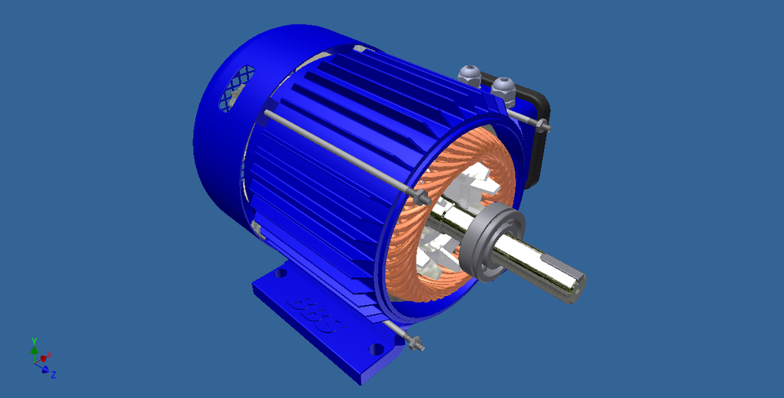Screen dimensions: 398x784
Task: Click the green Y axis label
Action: pos(33,340)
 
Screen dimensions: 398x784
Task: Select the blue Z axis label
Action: pos(53,374)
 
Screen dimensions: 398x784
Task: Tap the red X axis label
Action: pos(49,356)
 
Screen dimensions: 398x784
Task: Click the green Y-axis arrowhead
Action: pos(34,349)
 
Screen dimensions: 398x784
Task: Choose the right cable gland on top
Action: pos(503,87)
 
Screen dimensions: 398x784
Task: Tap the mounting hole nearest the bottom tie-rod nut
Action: pos(376,348)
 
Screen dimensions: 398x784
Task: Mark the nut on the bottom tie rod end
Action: pos(416,343)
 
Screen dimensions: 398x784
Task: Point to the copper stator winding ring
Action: pos(408,245)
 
